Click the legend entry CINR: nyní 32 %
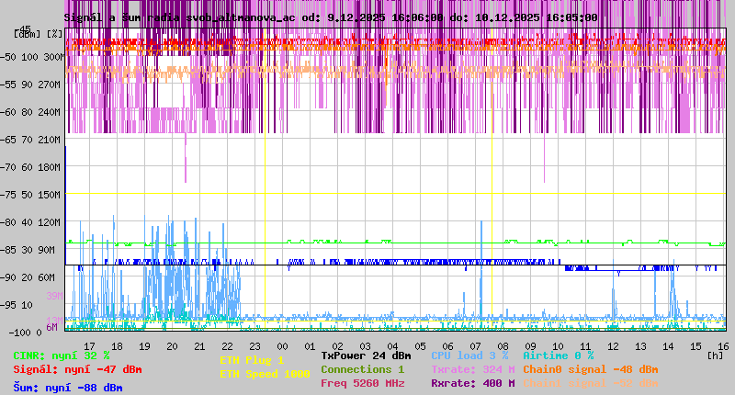pyautogui.click(x=62, y=355)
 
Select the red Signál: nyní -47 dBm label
pyautogui.click(x=77, y=369)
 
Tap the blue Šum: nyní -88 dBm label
pyautogui.click(x=68, y=388)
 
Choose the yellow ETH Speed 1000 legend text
pyautogui.click(x=265, y=374)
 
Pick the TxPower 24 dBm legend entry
pyautogui.click(x=366, y=355)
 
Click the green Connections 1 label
pyautogui.click(x=362, y=369)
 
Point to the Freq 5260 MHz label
pyautogui.click(x=362, y=383)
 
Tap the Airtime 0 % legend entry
pyautogui.click(x=558, y=355)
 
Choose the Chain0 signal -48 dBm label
pyautogui.click(x=591, y=369)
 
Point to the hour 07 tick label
pyautogui.click(x=476, y=346)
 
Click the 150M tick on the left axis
pyautogui.click(x=51, y=195)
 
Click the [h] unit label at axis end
pyautogui.click(x=717, y=354)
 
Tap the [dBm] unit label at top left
pyautogui.click(x=27, y=34)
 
